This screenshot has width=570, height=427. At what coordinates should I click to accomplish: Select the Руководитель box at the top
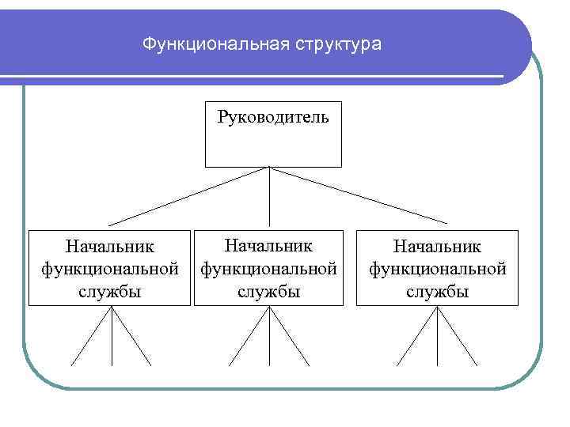273,134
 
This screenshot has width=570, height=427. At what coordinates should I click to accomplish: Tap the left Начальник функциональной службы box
111,268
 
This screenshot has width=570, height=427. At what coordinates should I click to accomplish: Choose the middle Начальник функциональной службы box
270,268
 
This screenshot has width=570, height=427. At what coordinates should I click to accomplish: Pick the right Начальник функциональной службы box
438,268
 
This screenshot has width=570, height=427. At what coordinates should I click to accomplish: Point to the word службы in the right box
438,292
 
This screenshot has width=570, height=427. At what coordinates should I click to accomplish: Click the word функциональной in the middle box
270,269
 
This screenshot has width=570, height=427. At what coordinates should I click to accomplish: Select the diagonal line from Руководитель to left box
189,196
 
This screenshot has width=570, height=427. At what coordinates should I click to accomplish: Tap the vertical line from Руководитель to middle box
270,198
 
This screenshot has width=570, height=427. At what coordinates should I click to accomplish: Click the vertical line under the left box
112,336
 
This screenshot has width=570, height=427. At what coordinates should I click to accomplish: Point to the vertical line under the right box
438,336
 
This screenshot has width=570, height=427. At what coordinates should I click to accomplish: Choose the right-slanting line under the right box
458,336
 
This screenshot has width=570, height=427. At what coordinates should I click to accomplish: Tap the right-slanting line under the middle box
290,336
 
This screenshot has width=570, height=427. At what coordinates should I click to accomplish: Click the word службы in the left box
111,292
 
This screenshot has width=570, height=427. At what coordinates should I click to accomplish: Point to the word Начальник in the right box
438,249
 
